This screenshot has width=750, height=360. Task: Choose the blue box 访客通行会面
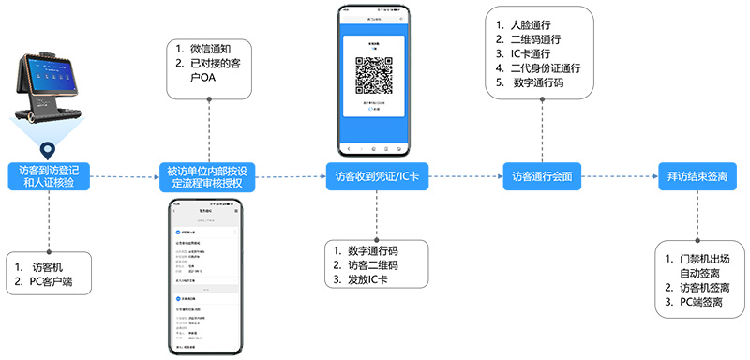pos(541,175)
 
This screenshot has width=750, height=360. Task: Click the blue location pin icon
pos(47,147)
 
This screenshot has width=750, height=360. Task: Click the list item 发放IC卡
pos(362,278)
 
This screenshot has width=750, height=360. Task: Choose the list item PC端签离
pos(694,302)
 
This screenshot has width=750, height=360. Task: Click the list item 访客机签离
pos(698,288)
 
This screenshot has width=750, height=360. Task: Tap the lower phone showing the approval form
pos(205,277)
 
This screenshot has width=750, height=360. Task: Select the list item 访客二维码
pos(367,264)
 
